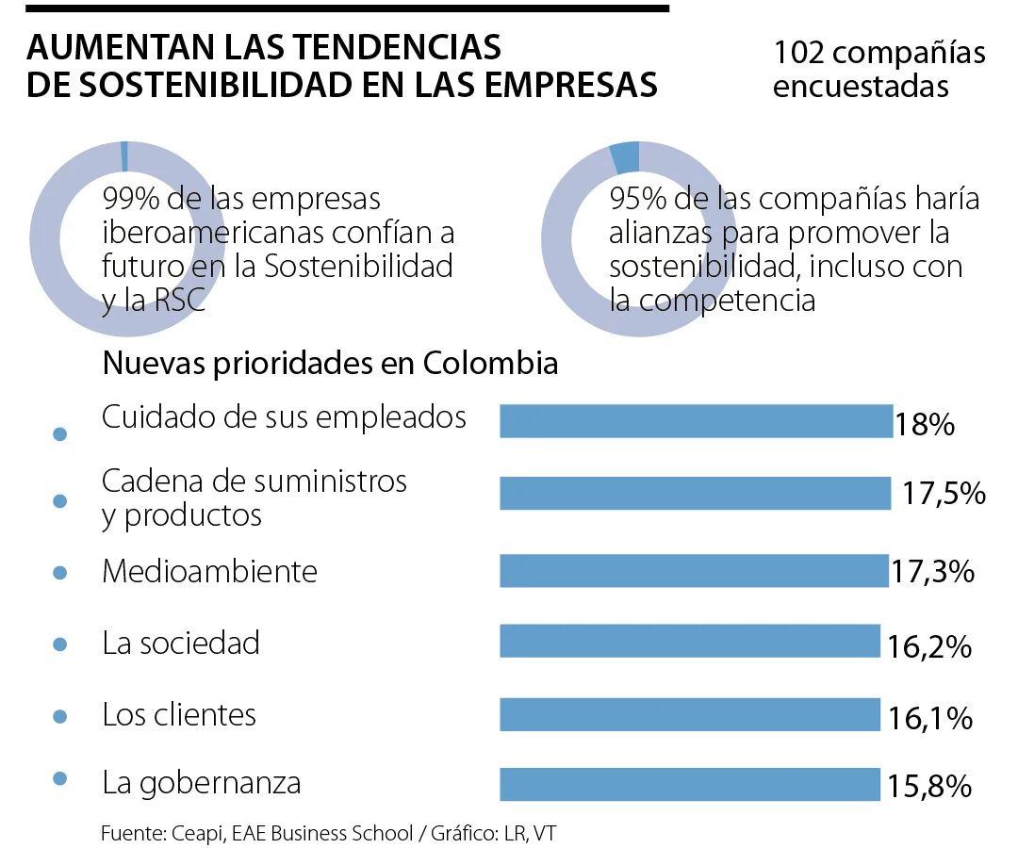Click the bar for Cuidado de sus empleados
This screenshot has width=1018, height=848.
696,421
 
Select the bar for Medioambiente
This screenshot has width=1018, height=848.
694,570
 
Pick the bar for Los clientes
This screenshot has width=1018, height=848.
689,714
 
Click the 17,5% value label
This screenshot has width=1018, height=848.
944,494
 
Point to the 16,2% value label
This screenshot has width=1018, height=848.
928,646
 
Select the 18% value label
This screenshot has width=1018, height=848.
926,424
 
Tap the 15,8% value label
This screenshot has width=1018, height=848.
928,787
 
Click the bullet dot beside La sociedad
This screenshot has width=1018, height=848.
60,644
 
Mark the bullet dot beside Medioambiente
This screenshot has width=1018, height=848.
60,573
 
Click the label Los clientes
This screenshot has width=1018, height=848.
179,714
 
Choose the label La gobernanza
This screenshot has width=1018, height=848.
202,782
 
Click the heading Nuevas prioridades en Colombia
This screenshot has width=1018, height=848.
330,364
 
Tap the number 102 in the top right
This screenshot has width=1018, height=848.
796,53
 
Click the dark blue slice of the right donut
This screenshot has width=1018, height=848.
626,156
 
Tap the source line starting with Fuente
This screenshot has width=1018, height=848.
336,833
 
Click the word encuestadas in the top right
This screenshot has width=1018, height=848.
861,86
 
